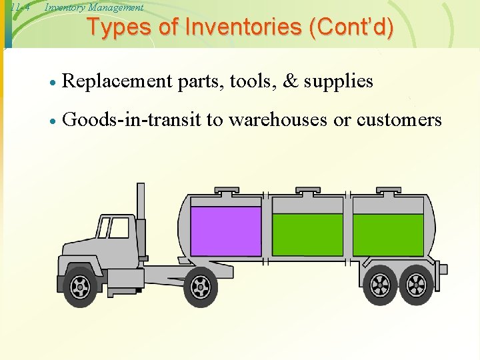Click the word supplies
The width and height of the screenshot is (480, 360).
click(338, 82)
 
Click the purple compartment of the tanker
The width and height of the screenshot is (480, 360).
click(226, 231)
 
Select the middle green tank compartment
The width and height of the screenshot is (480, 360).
click(307, 234)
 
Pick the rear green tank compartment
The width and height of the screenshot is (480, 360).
click(388, 234)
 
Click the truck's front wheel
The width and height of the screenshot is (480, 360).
click(80, 287)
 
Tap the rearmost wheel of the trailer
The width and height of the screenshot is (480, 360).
click(415, 285)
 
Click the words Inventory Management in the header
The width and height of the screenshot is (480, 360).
click(94, 7)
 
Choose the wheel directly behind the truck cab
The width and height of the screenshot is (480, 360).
click(200, 287)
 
